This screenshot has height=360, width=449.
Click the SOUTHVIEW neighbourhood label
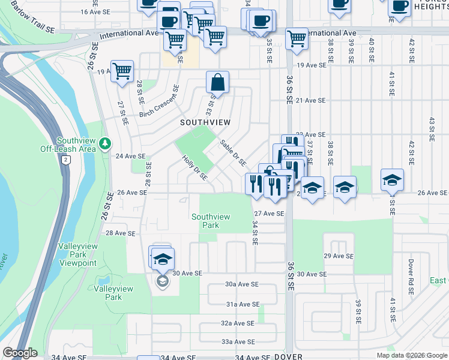coord(205,122)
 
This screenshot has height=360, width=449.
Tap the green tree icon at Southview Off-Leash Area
coord(106,143)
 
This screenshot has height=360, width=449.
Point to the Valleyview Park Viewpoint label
coord(77,255)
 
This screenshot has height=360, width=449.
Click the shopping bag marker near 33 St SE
coord(218,82)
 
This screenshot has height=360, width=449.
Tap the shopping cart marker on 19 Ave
coord(122,71)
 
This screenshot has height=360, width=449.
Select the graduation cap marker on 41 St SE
coord(392,179)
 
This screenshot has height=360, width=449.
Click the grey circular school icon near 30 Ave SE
coord(161,281)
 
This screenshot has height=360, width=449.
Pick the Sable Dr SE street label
coord(232,152)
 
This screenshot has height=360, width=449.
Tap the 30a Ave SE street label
coord(241,284)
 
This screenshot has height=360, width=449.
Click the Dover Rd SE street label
coord(411,276)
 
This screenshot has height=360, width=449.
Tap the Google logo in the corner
coord(20,353)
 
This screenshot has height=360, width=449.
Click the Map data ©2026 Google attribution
coord(411,355)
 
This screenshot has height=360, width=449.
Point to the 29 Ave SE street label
coord(339,256)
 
